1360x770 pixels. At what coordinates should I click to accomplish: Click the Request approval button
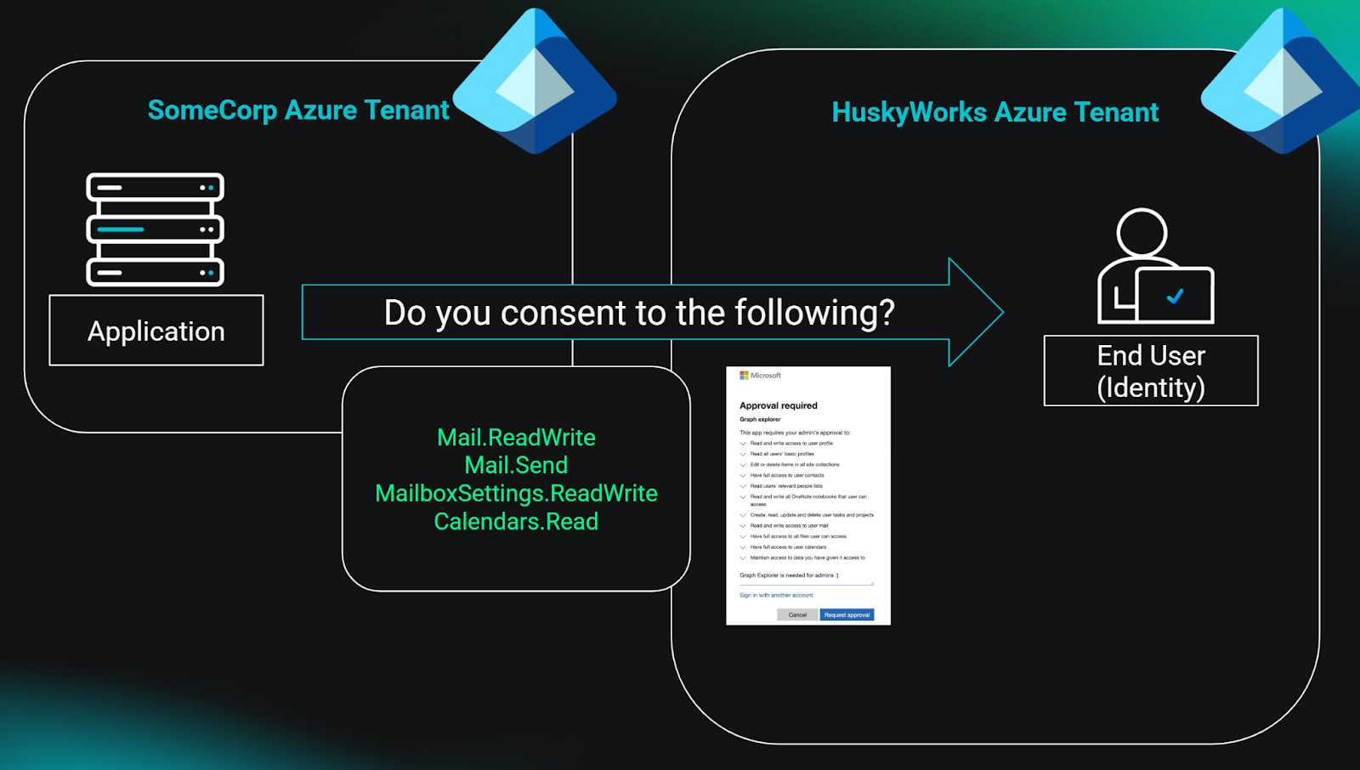coord(847,614)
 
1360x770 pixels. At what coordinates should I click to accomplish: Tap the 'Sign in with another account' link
coord(776,595)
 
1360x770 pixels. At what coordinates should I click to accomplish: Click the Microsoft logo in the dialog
coord(745,375)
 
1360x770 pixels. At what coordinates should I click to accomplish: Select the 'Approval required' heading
coord(778,405)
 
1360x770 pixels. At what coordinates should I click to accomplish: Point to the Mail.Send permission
coord(516,465)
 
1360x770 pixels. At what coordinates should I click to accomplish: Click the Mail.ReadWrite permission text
coord(516,437)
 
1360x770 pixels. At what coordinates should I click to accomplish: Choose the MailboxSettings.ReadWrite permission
coord(516,493)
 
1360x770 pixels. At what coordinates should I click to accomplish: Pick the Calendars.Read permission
coord(516,521)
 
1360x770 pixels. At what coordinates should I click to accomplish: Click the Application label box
coord(156,331)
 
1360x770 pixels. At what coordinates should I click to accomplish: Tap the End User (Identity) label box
coord(1151,371)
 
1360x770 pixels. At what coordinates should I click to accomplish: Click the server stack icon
coord(155,229)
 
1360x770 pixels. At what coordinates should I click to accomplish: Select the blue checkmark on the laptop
coord(1176,296)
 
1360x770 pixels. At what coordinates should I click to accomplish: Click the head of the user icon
coord(1142,232)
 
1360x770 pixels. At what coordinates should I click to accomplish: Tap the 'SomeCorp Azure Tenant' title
coord(298,110)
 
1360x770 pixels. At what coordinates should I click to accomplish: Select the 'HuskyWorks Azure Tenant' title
coord(994,112)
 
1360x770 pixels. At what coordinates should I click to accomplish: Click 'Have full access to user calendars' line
coord(788,547)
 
